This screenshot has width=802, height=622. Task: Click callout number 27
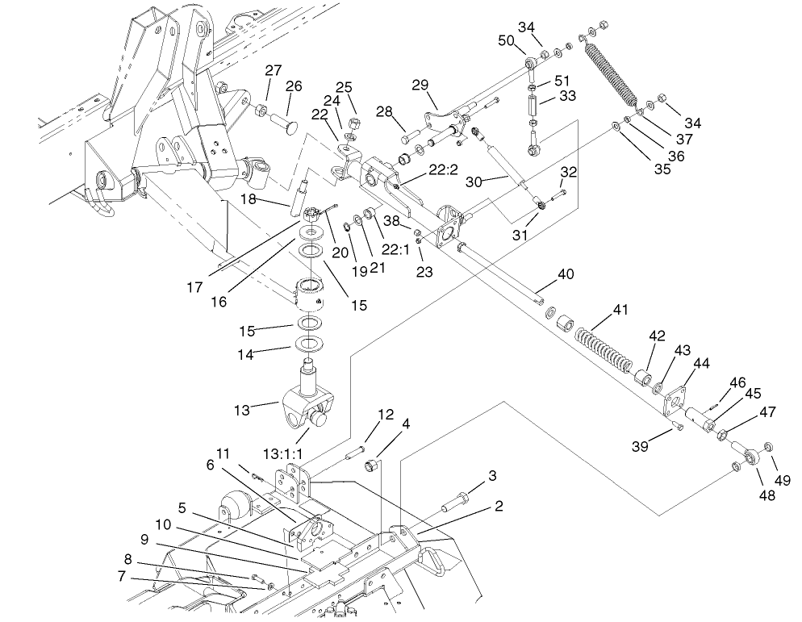coord(274,70)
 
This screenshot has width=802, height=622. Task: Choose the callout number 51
coord(562,81)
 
